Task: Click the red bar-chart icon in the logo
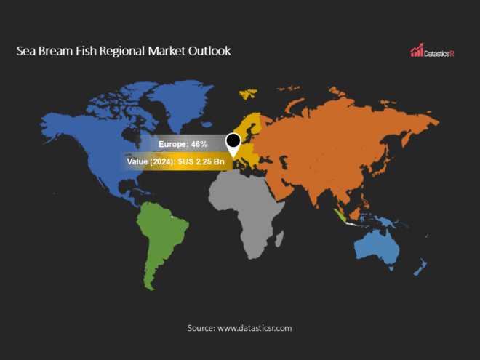[417, 51]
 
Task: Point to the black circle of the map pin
[233, 140]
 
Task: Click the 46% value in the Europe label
[199, 145]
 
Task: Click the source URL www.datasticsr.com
[253, 328]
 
